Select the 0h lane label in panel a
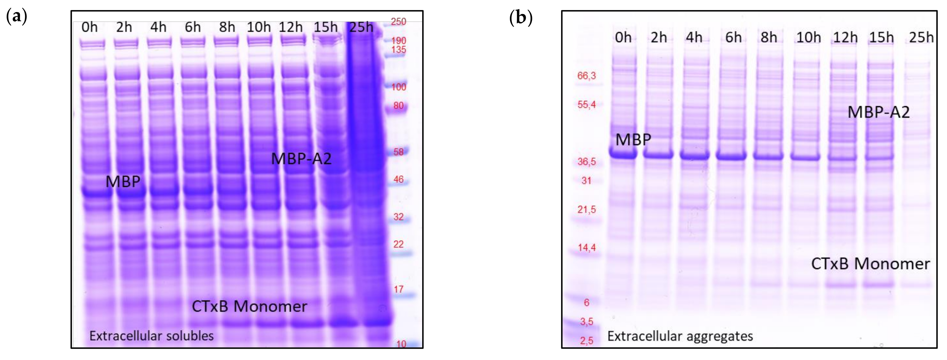tap(89, 27)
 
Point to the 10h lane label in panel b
tap(808, 38)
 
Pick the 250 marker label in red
tap(398, 22)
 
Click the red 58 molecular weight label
tap(398, 152)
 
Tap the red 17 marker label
tap(398, 289)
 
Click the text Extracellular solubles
tap(152, 336)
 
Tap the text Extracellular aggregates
tap(680, 336)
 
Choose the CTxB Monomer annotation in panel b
tap(870, 264)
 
